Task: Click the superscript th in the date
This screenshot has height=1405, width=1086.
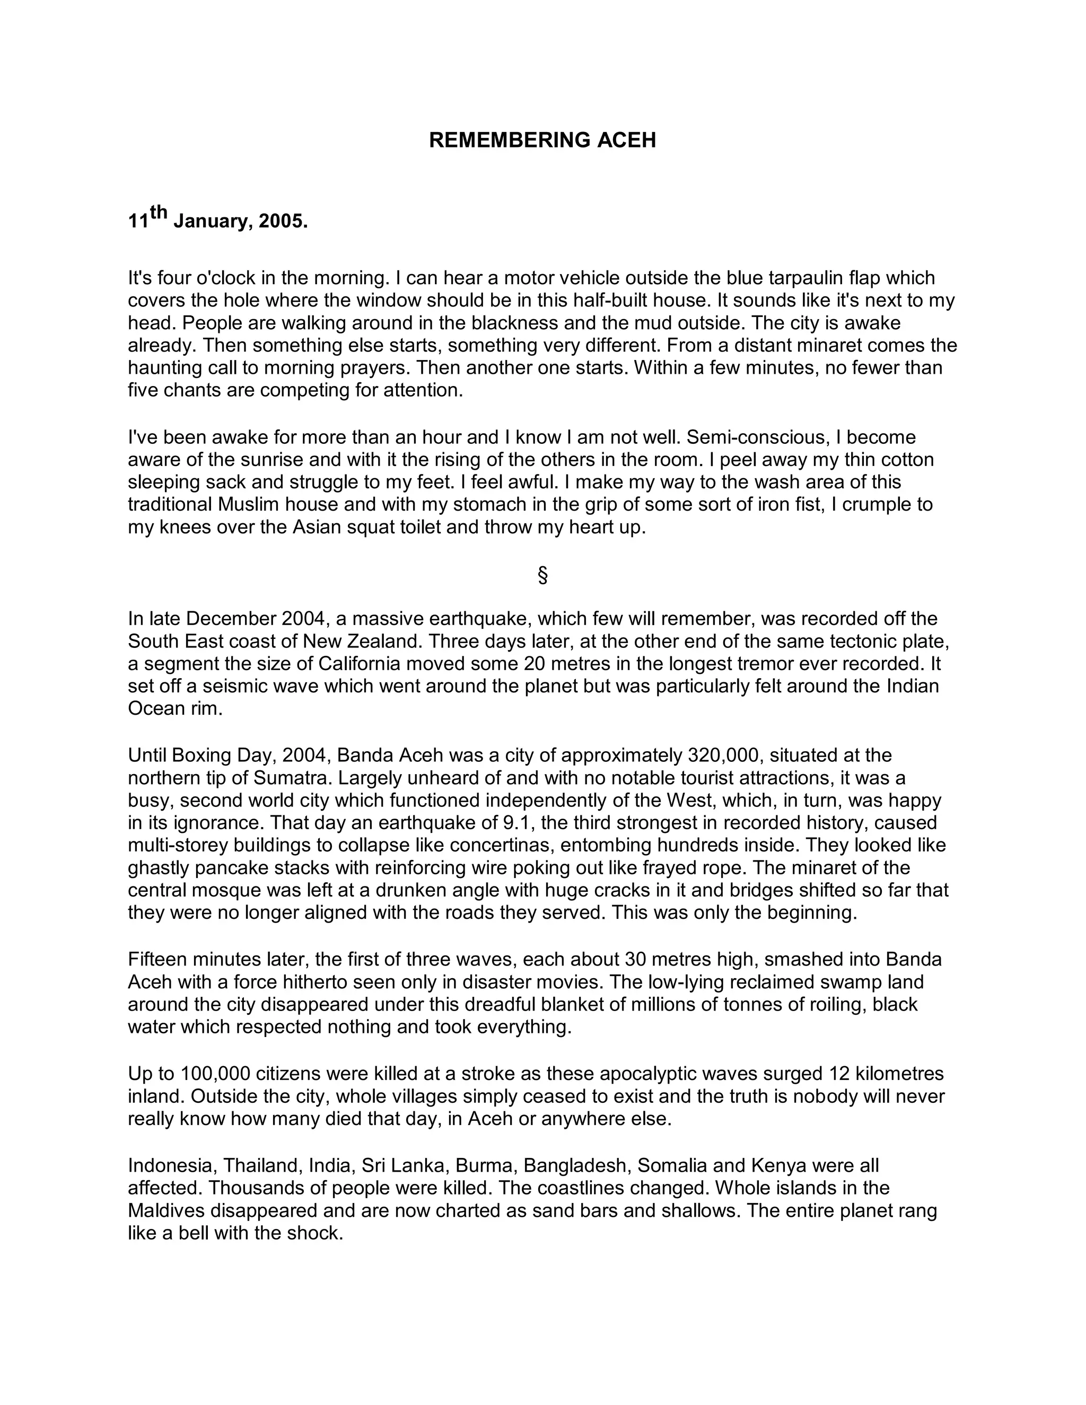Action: pos(159,212)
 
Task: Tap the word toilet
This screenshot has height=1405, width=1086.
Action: pos(425,528)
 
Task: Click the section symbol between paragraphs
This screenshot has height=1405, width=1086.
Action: pos(542,575)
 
